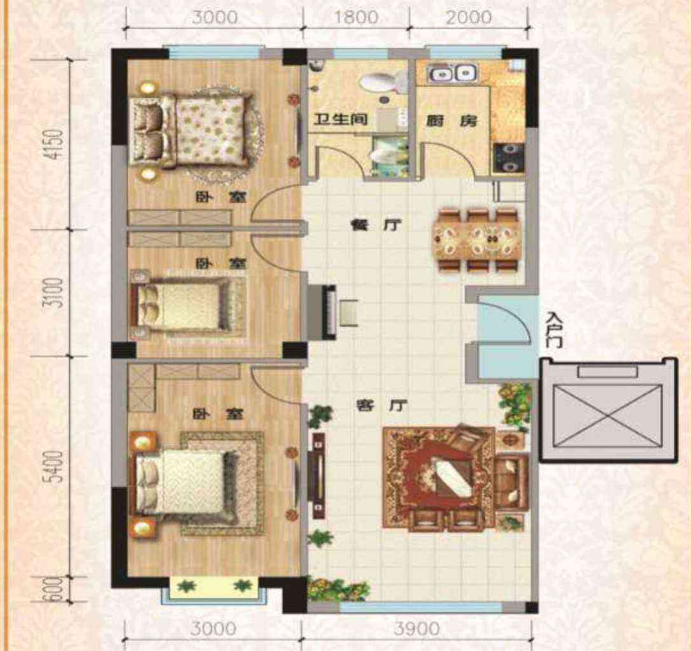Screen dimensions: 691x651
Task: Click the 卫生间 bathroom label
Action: (x=340, y=119)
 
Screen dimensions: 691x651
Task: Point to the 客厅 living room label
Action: (x=381, y=405)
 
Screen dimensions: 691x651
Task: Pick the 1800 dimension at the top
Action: (x=356, y=17)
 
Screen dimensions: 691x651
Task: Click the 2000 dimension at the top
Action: (x=469, y=17)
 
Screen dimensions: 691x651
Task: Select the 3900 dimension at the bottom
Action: (x=416, y=628)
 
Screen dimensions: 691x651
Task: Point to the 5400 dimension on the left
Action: (x=55, y=466)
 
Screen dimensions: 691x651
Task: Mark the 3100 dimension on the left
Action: (x=55, y=292)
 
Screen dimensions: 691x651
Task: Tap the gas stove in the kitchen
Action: (x=509, y=158)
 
